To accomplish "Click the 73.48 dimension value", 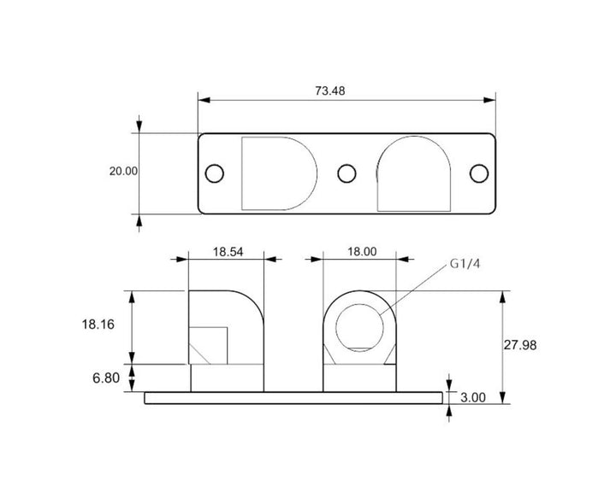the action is (330, 91).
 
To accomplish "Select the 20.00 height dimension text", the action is (123, 172).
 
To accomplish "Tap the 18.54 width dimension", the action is (228, 252).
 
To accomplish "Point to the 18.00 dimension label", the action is (362, 251).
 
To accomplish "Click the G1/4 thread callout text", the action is (465, 264).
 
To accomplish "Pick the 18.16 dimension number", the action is (98, 325).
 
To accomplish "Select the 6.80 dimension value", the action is (106, 378).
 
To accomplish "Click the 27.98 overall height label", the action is (520, 345).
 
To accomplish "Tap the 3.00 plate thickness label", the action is (473, 398).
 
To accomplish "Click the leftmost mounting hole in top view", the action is (215, 173).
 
